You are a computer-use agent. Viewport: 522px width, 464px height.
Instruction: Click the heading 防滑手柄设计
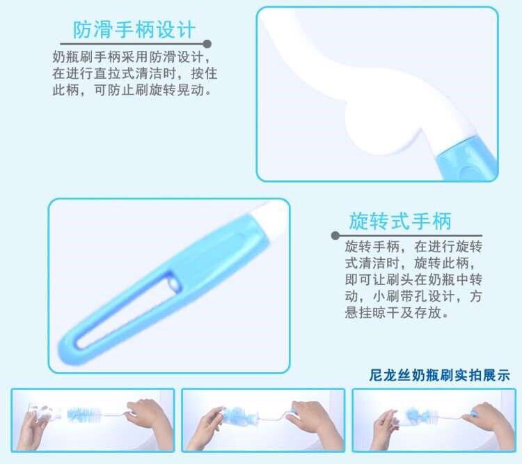[134, 30]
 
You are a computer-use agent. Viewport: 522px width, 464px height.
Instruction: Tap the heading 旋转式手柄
[400, 221]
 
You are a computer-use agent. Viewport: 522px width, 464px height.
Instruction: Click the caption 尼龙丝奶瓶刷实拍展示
[439, 376]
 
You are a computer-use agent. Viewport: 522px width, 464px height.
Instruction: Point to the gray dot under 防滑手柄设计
[207, 44]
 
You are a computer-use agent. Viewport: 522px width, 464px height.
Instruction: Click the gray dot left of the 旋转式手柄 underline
[335, 235]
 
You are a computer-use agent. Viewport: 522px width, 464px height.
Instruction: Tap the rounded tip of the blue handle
[68, 350]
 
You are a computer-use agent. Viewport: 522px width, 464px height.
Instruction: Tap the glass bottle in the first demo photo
[45, 412]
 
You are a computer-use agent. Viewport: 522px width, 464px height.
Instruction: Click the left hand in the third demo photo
[386, 428]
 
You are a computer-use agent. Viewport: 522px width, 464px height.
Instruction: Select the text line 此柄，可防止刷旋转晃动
[132, 90]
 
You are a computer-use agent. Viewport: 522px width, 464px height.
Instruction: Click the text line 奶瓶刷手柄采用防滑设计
[131, 57]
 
